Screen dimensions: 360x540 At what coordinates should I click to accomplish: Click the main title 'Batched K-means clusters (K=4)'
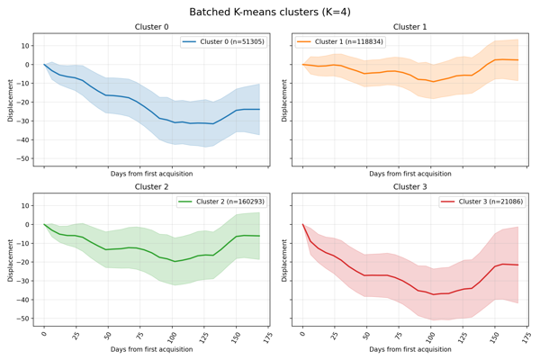[270, 12]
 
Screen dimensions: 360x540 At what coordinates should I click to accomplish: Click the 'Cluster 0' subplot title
[151, 27]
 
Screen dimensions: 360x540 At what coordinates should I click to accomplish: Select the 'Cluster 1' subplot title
[410, 27]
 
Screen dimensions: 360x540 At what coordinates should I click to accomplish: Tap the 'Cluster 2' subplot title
[151, 187]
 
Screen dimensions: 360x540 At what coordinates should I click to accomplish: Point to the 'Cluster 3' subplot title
[410, 187]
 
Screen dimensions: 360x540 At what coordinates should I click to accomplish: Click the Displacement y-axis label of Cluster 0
[11, 100]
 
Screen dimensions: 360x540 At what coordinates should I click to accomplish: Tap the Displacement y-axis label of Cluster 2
[11, 260]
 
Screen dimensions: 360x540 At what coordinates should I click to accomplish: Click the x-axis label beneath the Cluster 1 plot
[410, 173]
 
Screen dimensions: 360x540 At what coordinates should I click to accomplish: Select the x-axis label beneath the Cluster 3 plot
[410, 348]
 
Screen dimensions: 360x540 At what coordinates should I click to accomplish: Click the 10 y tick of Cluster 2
[25, 206]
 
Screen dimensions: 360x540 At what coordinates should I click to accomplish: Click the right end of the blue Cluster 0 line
[259, 110]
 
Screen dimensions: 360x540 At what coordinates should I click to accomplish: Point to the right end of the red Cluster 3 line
[517, 265]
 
